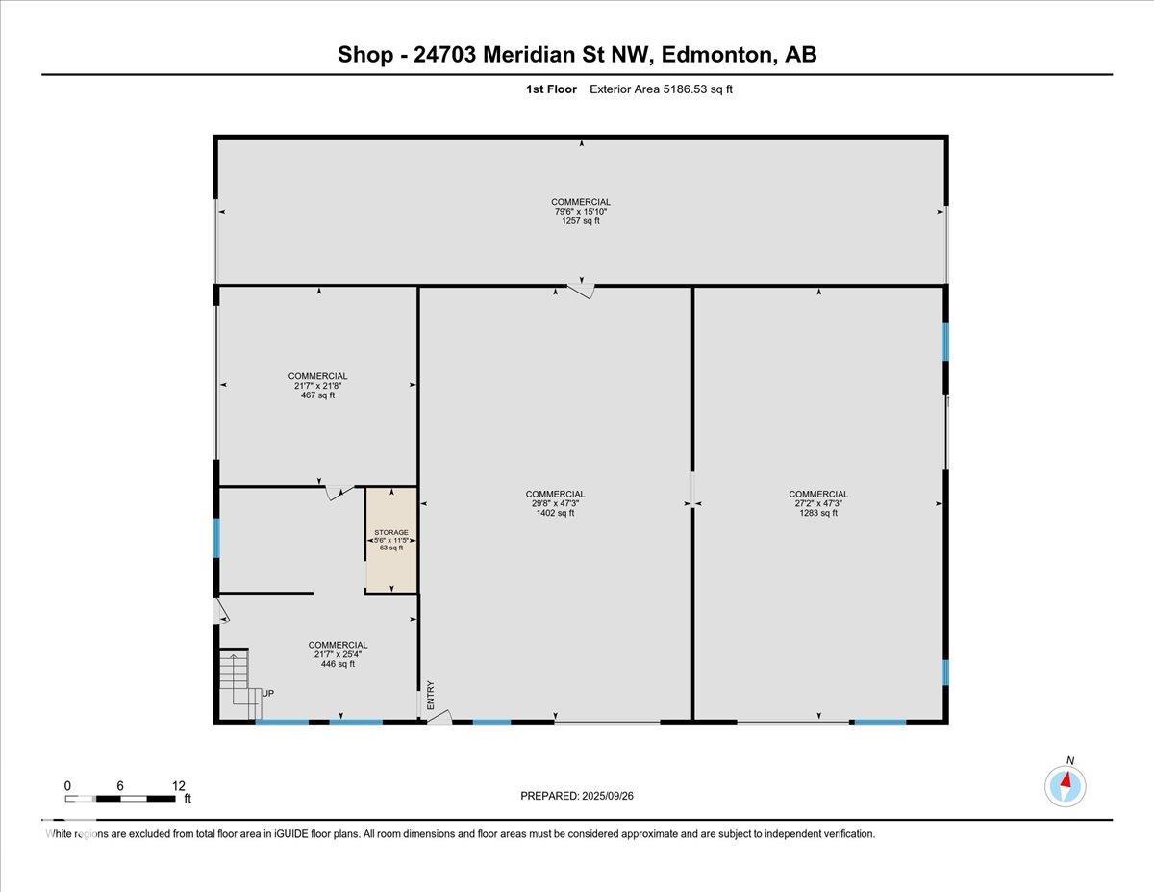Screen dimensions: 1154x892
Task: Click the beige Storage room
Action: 391,540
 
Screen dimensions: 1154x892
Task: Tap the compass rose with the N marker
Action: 1066,786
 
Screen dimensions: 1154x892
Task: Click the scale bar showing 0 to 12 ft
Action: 120,798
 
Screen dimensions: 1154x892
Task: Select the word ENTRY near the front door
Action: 431,695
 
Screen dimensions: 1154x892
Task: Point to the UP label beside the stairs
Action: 268,694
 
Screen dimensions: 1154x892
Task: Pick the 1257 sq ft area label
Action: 581,221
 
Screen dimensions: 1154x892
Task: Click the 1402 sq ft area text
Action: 555,513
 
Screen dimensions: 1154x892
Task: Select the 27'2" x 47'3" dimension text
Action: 818,503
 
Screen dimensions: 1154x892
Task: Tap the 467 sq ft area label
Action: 317,395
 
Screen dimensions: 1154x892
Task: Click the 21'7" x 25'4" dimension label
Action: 338,654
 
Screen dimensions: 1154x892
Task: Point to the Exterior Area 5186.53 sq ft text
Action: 661,89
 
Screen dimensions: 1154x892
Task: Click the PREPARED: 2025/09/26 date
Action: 577,796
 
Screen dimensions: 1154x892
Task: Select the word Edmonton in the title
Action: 717,55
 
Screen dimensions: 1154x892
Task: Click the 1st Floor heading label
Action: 551,89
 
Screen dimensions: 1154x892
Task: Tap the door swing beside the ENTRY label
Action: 439,716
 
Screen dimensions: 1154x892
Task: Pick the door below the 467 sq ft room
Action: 339,493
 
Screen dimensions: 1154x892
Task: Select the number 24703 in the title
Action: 444,55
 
